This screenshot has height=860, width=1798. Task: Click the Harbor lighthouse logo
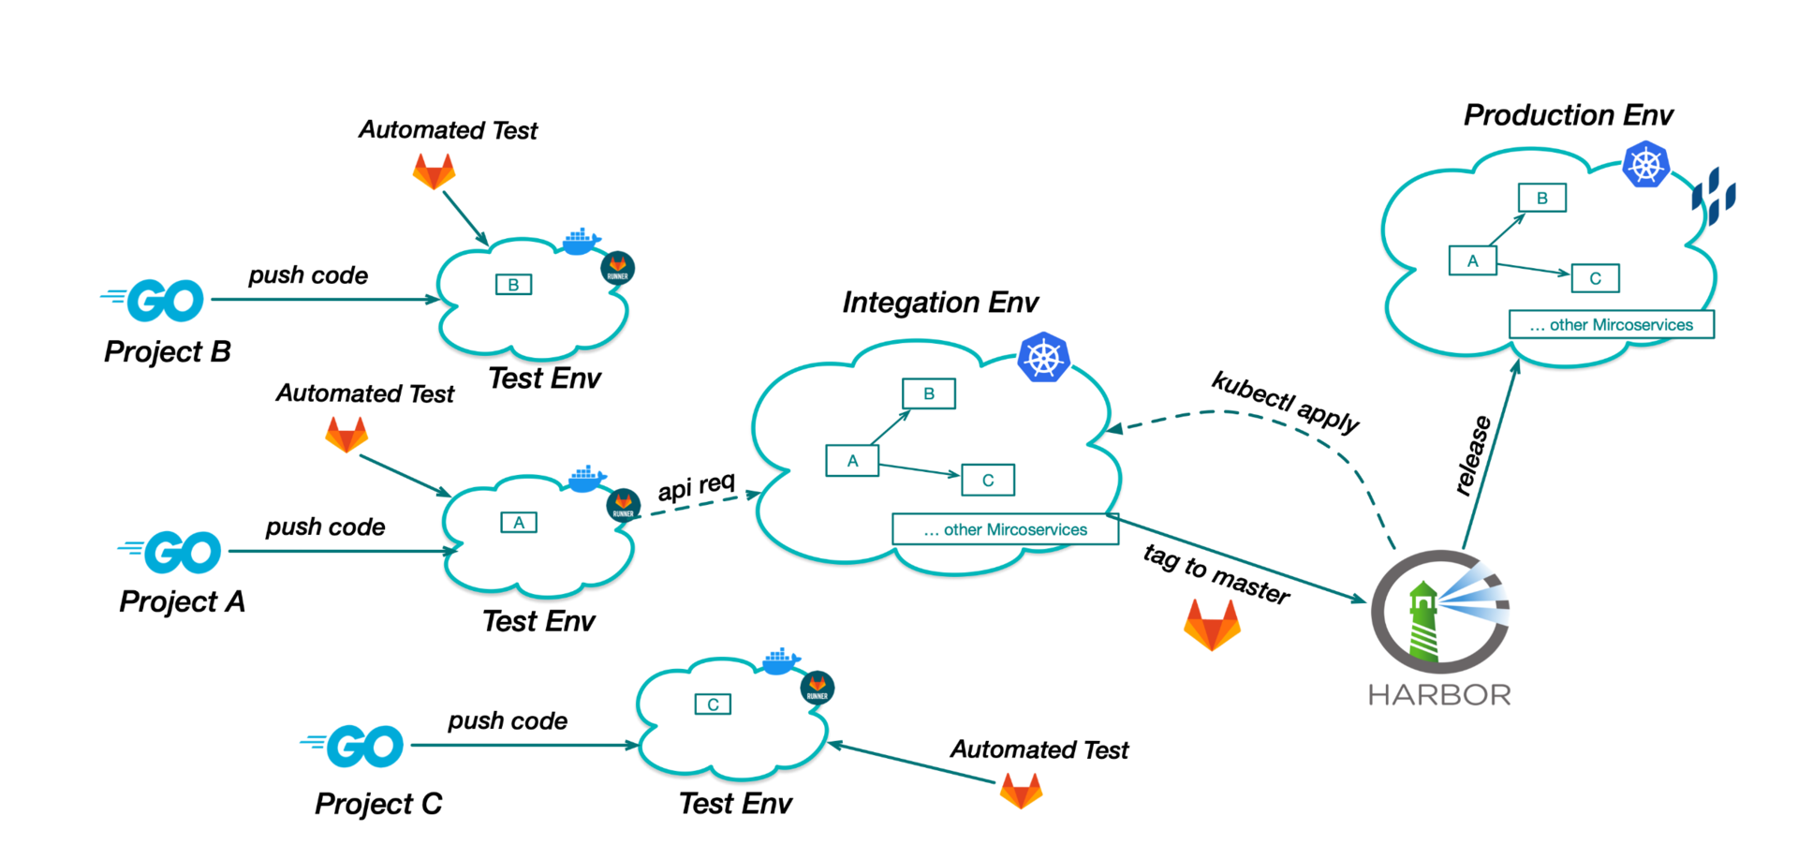(x=1439, y=611)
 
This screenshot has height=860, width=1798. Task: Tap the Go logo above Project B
(x=154, y=300)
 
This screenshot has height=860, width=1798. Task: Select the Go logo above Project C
(x=353, y=746)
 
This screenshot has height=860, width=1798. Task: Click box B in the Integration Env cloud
(x=928, y=393)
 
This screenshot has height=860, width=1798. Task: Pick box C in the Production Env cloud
(x=1595, y=278)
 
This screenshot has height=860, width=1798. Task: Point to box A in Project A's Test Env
(x=519, y=523)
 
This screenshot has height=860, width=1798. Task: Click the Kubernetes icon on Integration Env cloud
(x=1043, y=357)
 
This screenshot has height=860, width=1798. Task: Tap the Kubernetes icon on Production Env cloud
(x=1645, y=165)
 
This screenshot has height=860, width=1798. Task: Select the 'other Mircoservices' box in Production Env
(x=1611, y=325)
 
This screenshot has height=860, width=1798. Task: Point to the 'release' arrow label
(x=1472, y=455)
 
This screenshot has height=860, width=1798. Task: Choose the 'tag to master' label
(x=1216, y=573)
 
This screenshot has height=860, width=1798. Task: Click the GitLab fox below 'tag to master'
(x=1212, y=625)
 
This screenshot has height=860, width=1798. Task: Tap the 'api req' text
(x=696, y=487)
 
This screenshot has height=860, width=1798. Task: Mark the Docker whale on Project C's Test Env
(x=781, y=661)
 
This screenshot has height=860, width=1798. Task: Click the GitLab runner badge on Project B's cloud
(x=617, y=269)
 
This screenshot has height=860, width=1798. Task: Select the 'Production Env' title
(x=1568, y=115)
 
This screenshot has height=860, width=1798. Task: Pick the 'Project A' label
(x=182, y=601)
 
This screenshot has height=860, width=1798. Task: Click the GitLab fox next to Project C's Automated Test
(x=1021, y=791)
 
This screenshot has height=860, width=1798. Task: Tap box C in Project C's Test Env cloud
(x=713, y=704)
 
